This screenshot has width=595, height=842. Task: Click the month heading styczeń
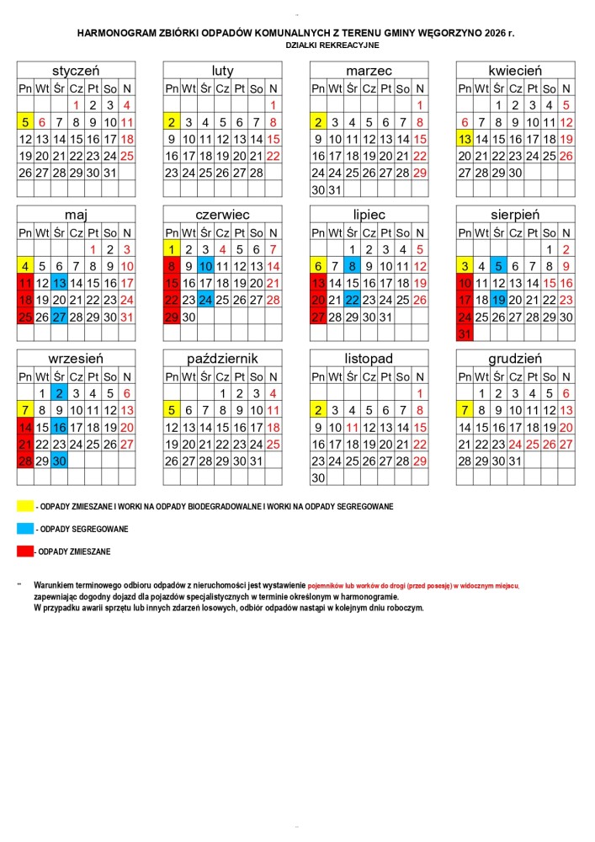click(76, 71)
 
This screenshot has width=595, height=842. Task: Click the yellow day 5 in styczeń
click(25, 122)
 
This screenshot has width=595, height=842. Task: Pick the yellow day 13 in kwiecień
click(465, 139)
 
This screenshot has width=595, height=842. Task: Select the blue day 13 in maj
click(59, 283)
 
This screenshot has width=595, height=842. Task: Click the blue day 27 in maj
click(59, 317)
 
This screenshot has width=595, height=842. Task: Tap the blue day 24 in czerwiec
click(205, 300)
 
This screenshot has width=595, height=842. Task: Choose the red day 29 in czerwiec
click(172, 317)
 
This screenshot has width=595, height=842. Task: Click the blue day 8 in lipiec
click(352, 266)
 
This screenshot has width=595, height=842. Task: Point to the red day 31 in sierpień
click(465, 334)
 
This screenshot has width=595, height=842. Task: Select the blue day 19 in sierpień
click(498, 300)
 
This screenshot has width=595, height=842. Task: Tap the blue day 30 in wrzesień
click(59, 461)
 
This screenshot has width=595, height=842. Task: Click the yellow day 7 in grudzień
click(465, 410)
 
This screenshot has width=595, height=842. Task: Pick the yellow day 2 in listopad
click(318, 410)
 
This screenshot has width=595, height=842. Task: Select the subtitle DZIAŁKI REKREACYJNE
click(332, 44)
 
